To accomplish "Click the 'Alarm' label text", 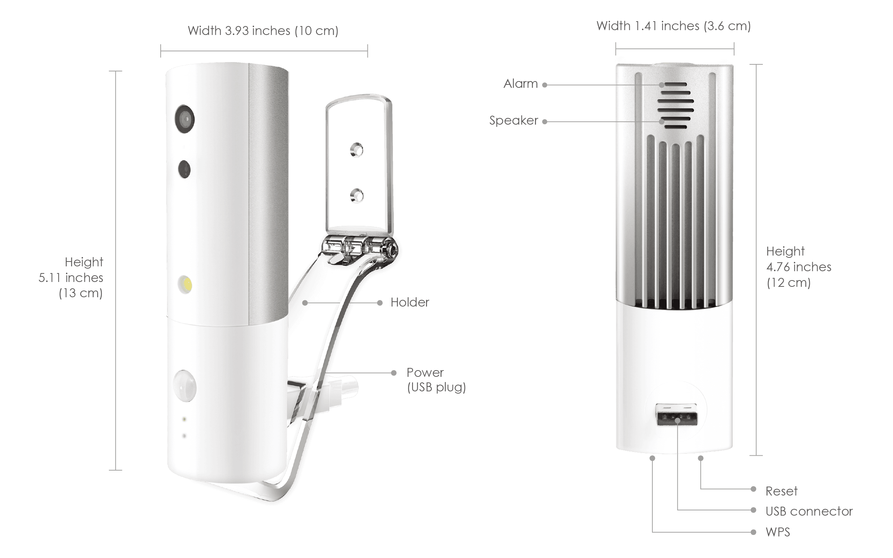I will click(x=520, y=84).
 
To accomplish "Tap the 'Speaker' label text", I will click(x=514, y=121).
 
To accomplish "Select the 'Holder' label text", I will click(x=410, y=302).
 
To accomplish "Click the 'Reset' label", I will click(x=781, y=491).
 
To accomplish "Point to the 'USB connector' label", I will click(x=809, y=511).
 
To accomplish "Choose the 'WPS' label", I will click(x=778, y=532).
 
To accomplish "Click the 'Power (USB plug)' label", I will click(x=436, y=380).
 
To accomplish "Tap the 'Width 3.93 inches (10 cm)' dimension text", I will click(x=263, y=31).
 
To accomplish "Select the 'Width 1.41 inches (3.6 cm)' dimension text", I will click(x=674, y=26).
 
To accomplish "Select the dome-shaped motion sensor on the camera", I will click(x=185, y=385).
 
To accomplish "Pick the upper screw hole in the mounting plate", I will click(x=357, y=150).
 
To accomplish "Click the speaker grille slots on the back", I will click(x=675, y=106).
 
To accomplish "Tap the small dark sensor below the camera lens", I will click(x=184, y=169).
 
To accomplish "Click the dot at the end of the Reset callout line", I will click(x=754, y=489).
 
